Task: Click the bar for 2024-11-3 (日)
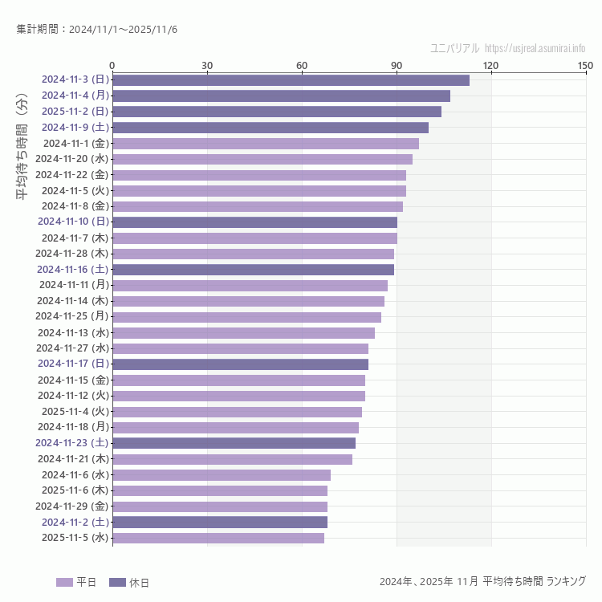291,80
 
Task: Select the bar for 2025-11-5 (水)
218,538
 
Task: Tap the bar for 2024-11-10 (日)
254,222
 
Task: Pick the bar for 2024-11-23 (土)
234,443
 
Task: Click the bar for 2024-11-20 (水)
262,159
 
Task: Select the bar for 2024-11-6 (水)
221,475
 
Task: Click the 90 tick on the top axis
397,65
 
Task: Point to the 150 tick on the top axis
585,65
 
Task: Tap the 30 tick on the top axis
207,65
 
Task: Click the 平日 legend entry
76,582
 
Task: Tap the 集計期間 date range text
97,30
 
